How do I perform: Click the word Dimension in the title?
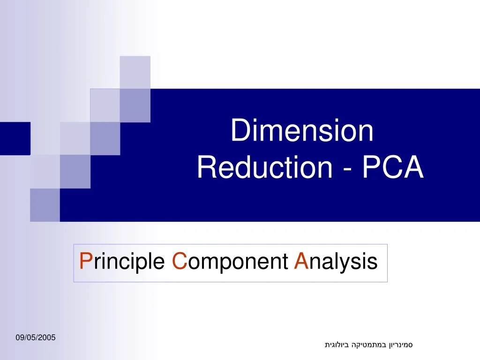click(x=302, y=131)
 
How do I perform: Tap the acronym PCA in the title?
click(x=392, y=167)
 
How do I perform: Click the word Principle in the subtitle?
click(x=122, y=262)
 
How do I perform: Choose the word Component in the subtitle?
click(x=230, y=262)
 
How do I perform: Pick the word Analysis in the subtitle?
click(x=336, y=262)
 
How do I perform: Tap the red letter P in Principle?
click(x=85, y=261)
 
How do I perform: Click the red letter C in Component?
click(x=179, y=261)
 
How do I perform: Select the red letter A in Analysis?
click(x=300, y=261)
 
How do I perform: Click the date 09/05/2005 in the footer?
click(x=35, y=337)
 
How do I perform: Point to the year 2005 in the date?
click(x=47, y=337)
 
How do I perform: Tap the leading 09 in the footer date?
click(x=19, y=337)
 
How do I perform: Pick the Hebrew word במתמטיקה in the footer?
click(x=369, y=345)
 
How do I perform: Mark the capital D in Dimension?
click(x=239, y=131)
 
